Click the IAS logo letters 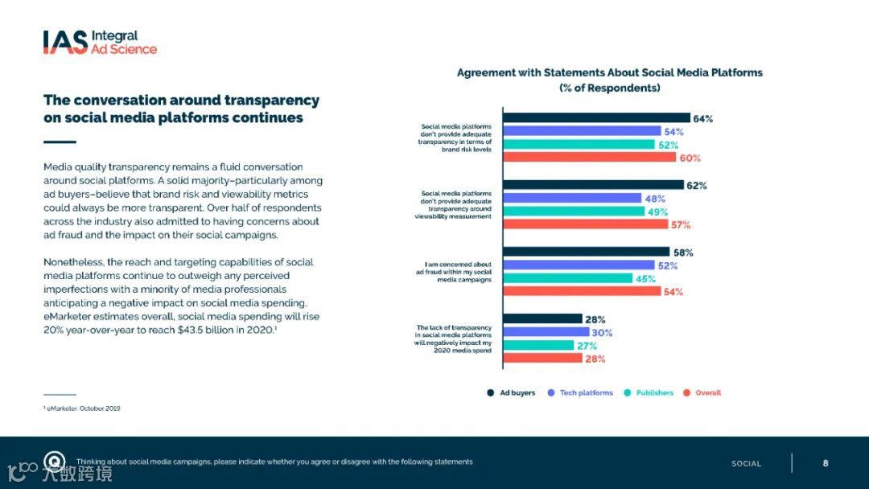click(x=65, y=42)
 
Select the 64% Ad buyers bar click(x=596, y=118)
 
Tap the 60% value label click(x=690, y=158)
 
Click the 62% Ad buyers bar click(x=593, y=185)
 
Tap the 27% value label click(x=586, y=346)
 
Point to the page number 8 click(x=826, y=463)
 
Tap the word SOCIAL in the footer click(x=746, y=464)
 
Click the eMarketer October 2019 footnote click(x=81, y=409)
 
